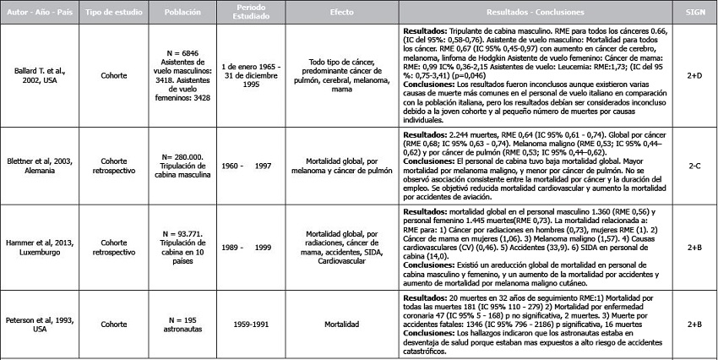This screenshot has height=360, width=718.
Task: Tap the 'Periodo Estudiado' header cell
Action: [239, 14]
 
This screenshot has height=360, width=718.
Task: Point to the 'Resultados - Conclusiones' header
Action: [530, 14]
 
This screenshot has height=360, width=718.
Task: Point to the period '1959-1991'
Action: [238, 323]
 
